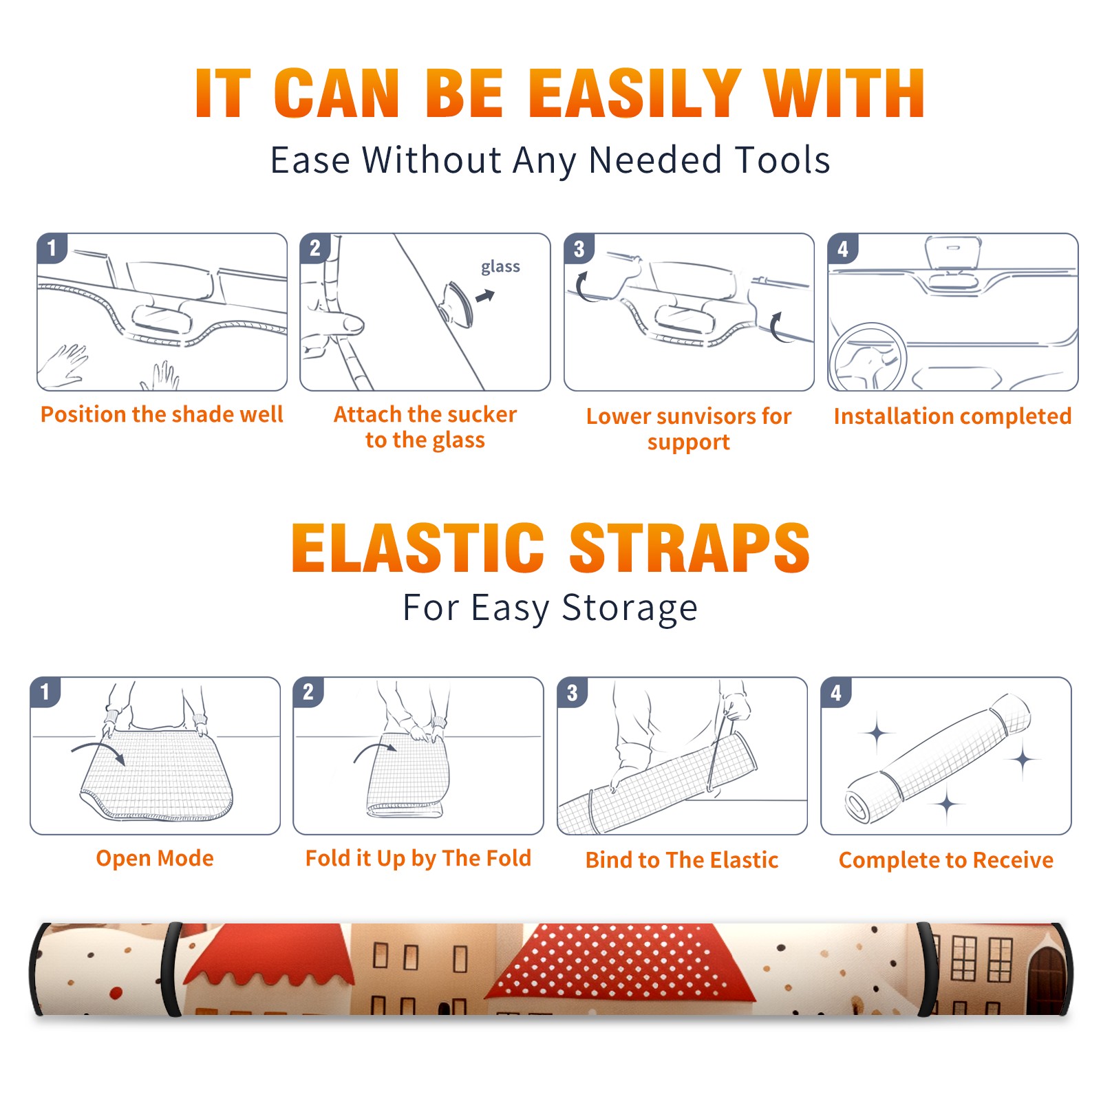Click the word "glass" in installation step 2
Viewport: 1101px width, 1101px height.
coord(500,267)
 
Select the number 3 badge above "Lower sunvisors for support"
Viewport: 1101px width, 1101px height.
coord(579,248)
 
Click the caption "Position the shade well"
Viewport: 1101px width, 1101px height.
coord(162,414)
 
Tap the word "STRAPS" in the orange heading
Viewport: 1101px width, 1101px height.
coord(690,548)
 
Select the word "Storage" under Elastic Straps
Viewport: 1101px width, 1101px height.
coord(630,608)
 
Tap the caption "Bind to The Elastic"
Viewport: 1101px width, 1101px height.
coord(682,860)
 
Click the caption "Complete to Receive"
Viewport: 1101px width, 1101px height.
coord(946,860)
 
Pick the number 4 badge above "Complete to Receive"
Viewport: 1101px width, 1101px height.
coord(836,692)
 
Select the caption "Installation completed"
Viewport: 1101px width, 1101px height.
coord(952,416)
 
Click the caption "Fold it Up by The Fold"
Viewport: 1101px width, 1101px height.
coord(418,859)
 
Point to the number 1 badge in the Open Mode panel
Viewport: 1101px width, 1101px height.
coord(45,692)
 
